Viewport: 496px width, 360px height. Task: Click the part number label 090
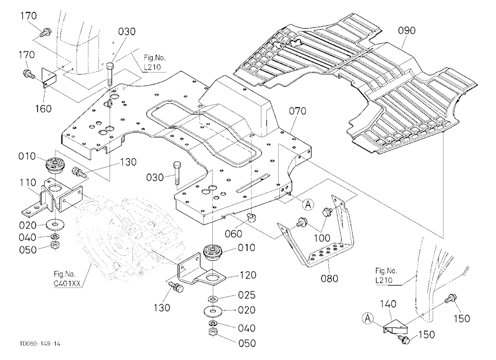click(407, 31)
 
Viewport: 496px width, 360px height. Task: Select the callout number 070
click(297, 111)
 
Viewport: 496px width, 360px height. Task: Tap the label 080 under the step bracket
click(329, 278)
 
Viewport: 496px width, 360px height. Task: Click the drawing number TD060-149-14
click(40, 344)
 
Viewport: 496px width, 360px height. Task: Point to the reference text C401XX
click(67, 284)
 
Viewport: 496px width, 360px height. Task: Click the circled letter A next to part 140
click(368, 318)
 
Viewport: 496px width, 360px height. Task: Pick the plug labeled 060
click(252, 218)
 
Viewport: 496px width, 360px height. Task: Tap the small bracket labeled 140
click(394, 327)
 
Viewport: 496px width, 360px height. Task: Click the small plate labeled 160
click(49, 77)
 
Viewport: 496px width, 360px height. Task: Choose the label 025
click(246, 295)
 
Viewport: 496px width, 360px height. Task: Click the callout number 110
click(27, 182)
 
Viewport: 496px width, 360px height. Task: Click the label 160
click(43, 109)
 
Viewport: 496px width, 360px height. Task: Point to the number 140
click(388, 304)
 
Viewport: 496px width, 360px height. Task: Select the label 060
click(233, 234)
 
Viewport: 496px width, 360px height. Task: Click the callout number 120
click(248, 275)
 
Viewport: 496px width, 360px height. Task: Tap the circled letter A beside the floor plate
click(308, 205)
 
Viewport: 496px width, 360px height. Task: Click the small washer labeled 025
click(213, 299)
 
